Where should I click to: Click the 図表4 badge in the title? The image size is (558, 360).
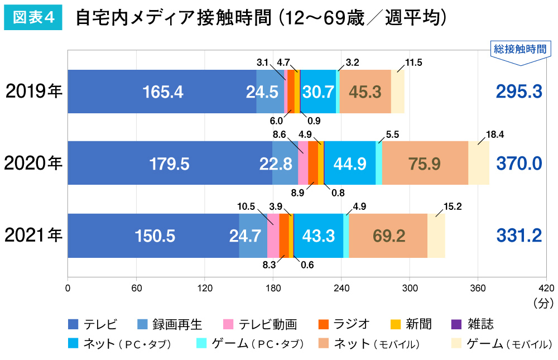[x=33, y=18]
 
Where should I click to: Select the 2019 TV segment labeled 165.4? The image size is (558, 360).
[x=162, y=92]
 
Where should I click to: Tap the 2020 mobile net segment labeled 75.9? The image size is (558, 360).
[x=425, y=163]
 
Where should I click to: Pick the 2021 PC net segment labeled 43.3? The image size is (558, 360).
[x=318, y=236]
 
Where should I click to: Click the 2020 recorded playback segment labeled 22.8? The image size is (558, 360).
[x=285, y=163]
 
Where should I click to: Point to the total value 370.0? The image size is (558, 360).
[x=518, y=163]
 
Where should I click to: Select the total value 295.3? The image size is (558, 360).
[x=518, y=92]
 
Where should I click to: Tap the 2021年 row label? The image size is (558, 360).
[x=33, y=236]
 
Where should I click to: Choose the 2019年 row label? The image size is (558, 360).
[x=33, y=92]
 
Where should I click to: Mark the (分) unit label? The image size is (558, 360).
[x=542, y=303]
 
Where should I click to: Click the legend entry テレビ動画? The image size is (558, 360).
[x=259, y=324]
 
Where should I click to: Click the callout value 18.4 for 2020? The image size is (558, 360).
[x=494, y=134]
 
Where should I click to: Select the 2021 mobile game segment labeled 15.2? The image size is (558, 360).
[x=436, y=236]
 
